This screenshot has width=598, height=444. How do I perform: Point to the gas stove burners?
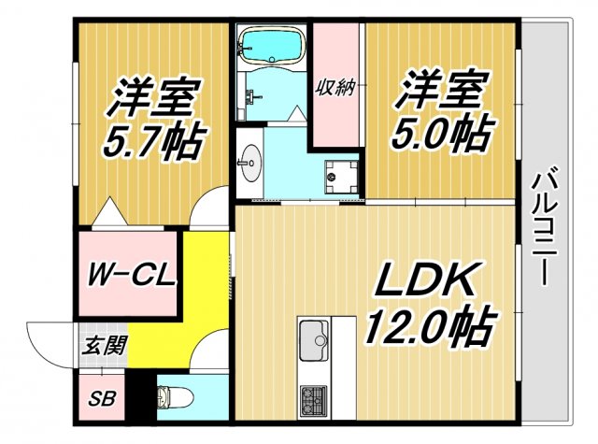tap(311, 400)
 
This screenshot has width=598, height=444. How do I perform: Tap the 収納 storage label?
tap(336, 89)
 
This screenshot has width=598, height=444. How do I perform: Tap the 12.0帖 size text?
tap(429, 327)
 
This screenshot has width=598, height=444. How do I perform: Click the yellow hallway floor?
tap(206, 290)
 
